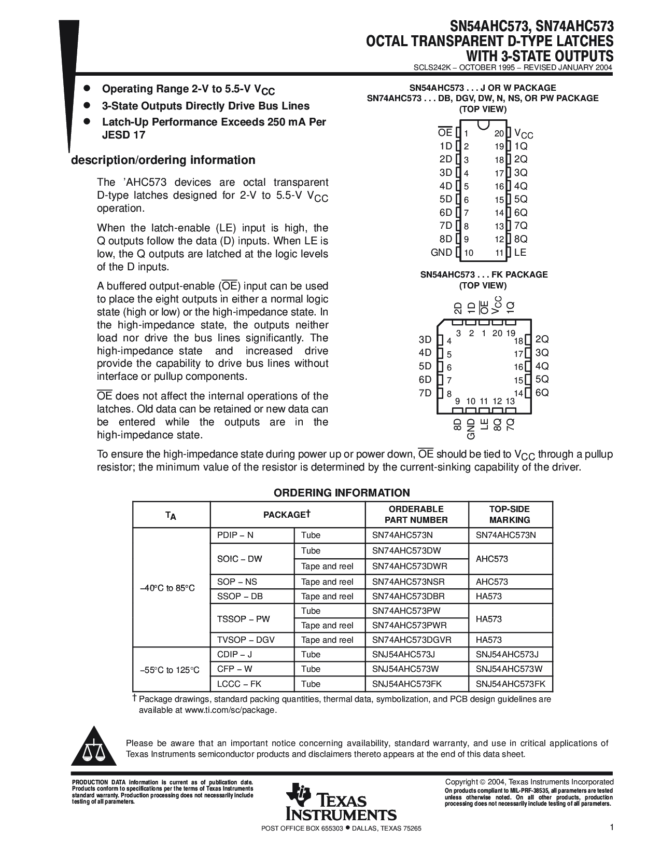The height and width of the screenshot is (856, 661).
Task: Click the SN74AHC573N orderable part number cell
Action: (x=402, y=535)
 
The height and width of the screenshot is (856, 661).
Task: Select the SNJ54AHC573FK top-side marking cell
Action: (x=511, y=684)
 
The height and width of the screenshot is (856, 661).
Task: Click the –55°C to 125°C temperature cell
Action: (x=170, y=670)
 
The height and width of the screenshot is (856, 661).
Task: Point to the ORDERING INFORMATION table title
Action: (x=342, y=493)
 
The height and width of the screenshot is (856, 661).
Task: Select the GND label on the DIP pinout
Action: (x=441, y=253)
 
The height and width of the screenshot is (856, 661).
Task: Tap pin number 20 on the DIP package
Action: (x=499, y=134)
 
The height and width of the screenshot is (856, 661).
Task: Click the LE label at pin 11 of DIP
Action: (x=520, y=253)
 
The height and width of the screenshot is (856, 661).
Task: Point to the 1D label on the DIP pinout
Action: (x=446, y=146)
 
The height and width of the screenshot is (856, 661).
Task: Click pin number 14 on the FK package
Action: (x=518, y=393)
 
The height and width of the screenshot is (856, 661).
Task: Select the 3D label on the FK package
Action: (x=425, y=340)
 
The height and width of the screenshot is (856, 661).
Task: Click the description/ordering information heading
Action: (x=163, y=160)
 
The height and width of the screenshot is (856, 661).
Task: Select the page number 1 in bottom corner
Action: (x=612, y=828)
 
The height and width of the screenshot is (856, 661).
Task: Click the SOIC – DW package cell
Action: (x=240, y=559)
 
